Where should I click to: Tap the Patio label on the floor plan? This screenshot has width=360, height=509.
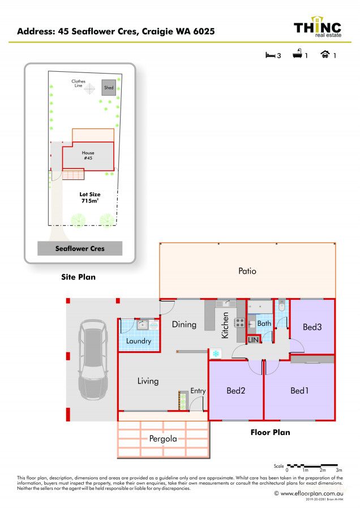coord(247,271)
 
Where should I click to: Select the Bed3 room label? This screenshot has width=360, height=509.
coord(312,327)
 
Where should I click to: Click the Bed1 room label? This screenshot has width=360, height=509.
coord(299,390)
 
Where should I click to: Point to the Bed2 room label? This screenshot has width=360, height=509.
coord(236,390)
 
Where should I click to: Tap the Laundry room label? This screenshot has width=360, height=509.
coord(139,341)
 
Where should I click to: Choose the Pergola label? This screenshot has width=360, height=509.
coord(163,438)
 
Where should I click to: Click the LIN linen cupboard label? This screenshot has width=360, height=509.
coord(254,340)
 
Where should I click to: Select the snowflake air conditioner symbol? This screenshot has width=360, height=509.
coord(215,353)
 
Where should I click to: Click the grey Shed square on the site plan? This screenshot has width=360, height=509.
coord(108,88)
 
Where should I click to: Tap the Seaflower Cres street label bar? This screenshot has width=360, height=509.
coord(80,248)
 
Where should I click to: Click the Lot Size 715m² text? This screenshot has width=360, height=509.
coord(89,198)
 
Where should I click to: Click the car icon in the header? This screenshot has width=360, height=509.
coord(325,55)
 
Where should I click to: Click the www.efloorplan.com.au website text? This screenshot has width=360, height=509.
coord(310,493)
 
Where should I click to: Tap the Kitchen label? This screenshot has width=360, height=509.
coord(225,326)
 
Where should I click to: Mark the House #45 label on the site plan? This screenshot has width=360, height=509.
coord(88,156)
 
